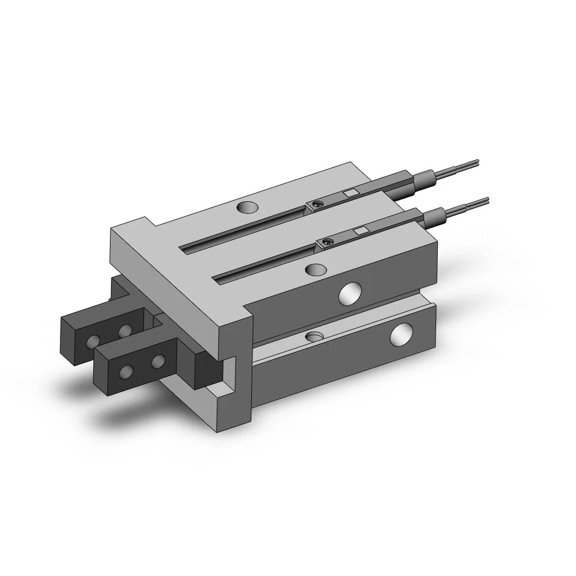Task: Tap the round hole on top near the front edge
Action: point(316,268)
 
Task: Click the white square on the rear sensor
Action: point(350,194)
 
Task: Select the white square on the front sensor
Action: point(361,230)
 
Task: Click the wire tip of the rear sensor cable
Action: point(475,162)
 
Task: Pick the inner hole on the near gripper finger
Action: point(157,362)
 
